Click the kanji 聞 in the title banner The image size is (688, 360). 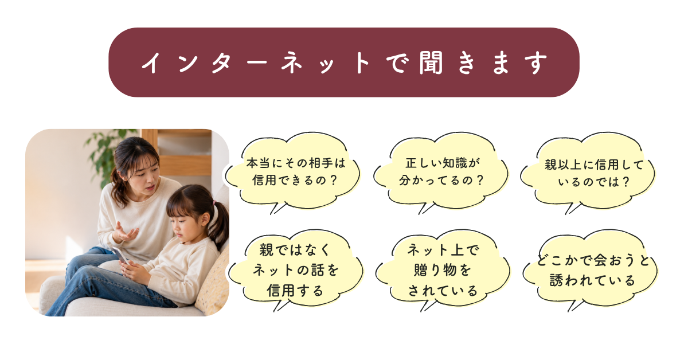click(x=431, y=62)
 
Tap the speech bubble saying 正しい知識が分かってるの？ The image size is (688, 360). click(x=441, y=172)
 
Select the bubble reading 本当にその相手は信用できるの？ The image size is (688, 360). click(x=293, y=172)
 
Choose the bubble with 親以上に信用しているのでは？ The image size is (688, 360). click(x=588, y=173)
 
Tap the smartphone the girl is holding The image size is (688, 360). click(x=121, y=256)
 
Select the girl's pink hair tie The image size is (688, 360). click(x=214, y=203)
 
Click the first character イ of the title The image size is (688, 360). click(x=152, y=62)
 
